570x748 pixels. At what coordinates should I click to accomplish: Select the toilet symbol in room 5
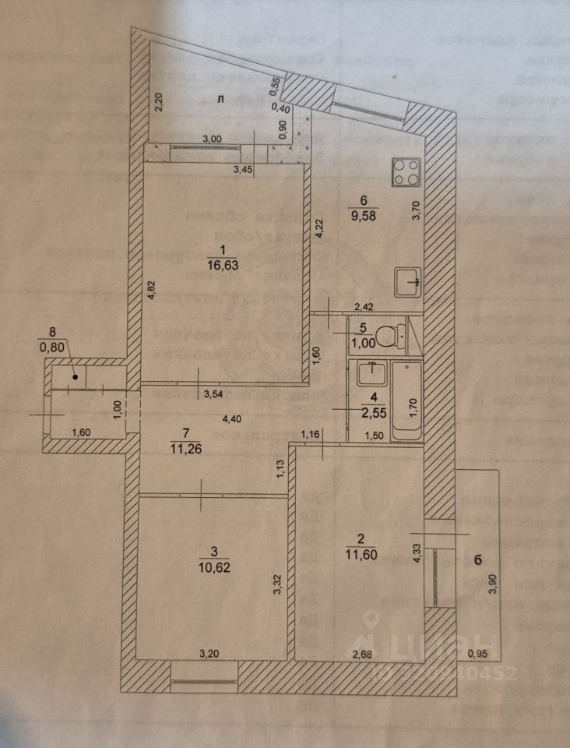coord(386,336)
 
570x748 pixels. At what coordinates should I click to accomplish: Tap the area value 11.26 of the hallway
coord(185,446)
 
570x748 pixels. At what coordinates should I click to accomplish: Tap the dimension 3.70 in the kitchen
coord(417,210)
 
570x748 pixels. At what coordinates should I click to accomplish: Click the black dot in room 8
coord(76,377)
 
